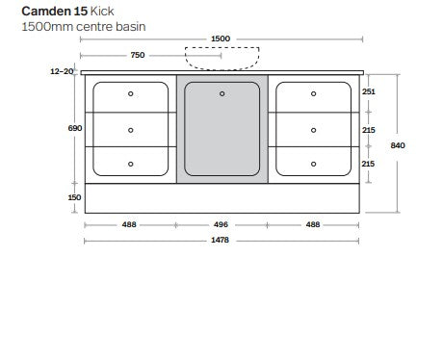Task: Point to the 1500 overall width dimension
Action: tap(220, 39)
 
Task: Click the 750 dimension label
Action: tap(138, 56)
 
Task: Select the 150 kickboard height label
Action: tap(75, 197)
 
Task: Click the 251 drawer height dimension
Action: tap(369, 91)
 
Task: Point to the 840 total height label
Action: tap(399, 145)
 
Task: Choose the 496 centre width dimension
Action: tap(221, 225)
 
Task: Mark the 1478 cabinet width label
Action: tap(221, 241)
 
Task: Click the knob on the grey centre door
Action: tap(221, 93)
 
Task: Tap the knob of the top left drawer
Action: tap(131, 94)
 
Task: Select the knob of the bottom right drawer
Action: tap(313, 164)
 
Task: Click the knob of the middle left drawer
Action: tap(131, 129)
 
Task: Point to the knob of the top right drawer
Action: tap(313, 94)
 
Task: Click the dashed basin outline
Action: tap(221, 61)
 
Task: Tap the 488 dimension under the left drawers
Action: tap(129, 225)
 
